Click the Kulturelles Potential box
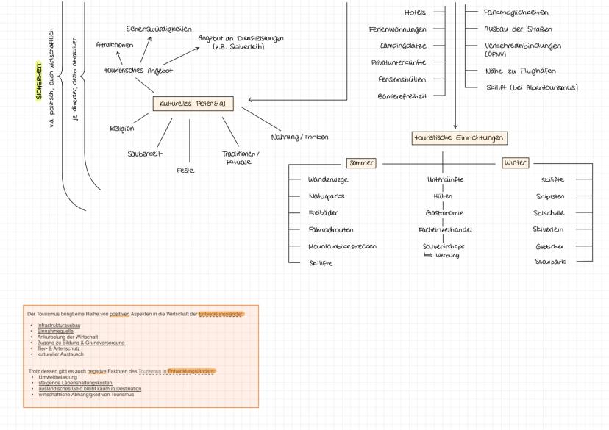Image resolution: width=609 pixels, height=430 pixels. click(x=193, y=104)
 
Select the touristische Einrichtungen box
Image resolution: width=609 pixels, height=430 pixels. click(x=460, y=138)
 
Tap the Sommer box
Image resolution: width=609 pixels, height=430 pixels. click(x=361, y=163)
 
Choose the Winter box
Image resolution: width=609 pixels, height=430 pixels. click(x=515, y=163)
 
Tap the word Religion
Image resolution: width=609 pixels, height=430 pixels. click(x=121, y=129)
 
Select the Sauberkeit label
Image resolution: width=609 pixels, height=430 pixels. click(x=144, y=154)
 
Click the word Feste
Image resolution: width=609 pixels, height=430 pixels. click(x=185, y=170)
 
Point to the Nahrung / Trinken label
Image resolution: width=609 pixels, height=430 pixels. click(x=299, y=137)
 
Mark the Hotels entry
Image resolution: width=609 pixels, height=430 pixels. click(x=415, y=12)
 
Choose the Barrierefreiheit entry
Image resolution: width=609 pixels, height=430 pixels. click(x=402, y=96)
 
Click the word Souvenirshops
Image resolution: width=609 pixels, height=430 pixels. click(x=444, y=246)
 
